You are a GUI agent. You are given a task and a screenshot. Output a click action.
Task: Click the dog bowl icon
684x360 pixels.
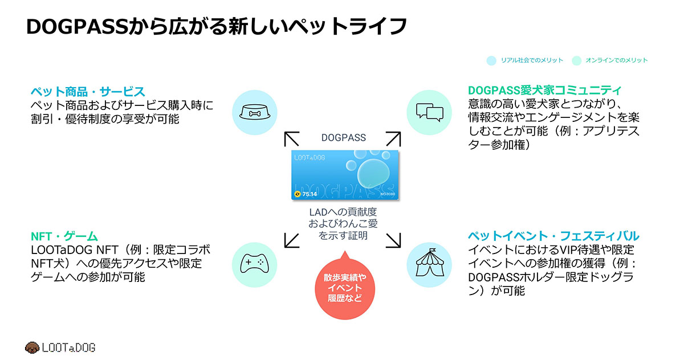point(255,112)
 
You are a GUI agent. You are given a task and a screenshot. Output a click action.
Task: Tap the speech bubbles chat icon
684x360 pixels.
point(429,112)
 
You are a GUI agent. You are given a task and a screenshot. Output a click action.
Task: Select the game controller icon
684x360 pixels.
point(254,263)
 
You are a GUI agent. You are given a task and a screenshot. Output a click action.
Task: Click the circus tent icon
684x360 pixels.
point(430,263)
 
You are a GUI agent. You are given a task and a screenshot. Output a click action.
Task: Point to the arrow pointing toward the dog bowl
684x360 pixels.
point(292,139)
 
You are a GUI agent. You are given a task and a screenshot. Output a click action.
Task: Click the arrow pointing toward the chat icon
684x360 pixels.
point(393,139)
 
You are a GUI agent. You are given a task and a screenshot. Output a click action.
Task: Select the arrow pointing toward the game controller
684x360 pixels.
point(292,240)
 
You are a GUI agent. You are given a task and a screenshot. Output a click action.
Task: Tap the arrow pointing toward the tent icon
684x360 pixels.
point(393,240)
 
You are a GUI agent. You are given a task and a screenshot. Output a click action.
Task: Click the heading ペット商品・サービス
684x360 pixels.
point(88,92)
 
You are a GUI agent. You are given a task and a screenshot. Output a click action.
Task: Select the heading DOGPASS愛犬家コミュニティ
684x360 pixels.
point(544,91)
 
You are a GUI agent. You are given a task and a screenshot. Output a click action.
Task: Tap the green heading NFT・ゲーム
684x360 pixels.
point(64,236)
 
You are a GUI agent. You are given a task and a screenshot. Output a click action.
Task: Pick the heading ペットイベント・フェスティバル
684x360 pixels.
point(553,236)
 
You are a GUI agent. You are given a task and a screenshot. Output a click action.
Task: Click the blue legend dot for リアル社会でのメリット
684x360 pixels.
point(491,60)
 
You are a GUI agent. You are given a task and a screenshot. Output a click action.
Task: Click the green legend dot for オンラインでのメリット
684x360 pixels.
point(576,60)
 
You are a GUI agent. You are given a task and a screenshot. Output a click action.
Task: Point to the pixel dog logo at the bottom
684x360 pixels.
point(32,347)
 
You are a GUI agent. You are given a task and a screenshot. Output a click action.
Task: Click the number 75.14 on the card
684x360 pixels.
point(310,194)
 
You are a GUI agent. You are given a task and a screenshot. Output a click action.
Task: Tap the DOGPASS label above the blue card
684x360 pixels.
point(344,138)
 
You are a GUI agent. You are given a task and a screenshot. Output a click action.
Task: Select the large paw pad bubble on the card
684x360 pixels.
point(373,173)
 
